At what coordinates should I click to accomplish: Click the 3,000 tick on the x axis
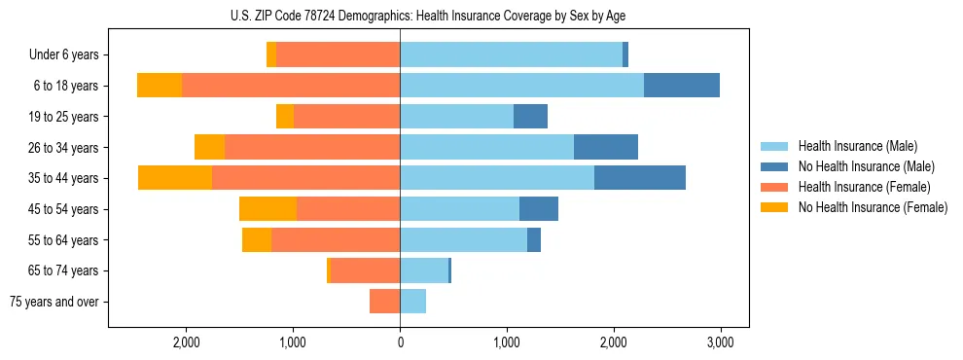click(x=720, y=342)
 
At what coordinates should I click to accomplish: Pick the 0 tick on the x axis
click(x=400, y=342)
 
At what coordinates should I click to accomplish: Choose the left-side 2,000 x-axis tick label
click(x=186, y=342)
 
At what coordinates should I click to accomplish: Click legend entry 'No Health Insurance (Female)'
click(x=872, y=207)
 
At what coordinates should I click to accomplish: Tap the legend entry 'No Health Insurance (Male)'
click(x=865, y=166)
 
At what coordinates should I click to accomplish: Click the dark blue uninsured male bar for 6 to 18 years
click(x=682, y=86)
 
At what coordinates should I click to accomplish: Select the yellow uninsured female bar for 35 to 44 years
click(x=175, y=178)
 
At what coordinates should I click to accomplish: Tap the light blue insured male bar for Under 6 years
click(x=511, y=55)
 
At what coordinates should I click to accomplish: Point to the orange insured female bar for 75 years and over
click(x=384, y=302)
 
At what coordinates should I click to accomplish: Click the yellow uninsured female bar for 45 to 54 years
click(x=267, y=209)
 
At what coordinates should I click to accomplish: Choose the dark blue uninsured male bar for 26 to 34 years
click(x=606, y=147)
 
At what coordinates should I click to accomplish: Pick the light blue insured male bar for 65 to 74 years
click(x=424, y=270)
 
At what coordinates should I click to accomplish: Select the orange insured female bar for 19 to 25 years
click(x=346, y=117)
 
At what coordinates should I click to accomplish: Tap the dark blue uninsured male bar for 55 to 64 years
click(x=534, y=239)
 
